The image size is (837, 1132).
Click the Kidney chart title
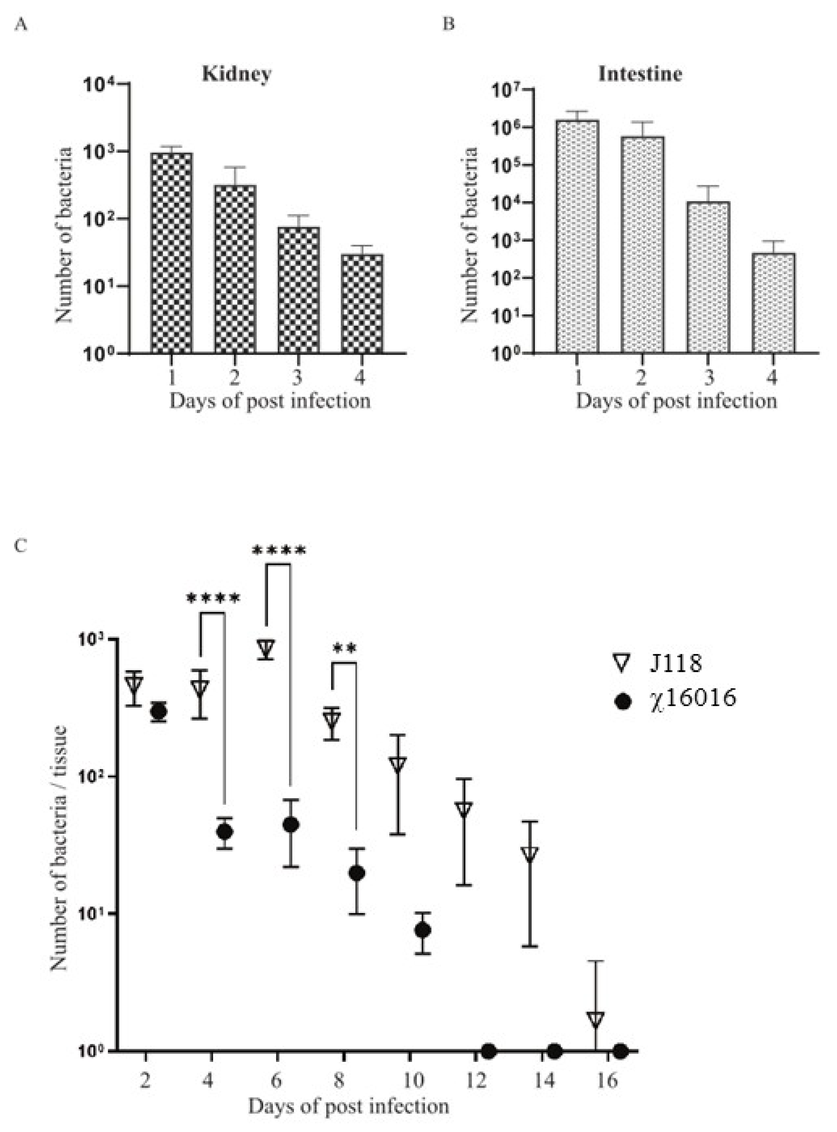[x=236, y=74]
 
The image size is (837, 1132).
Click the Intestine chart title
[x=640, y=74]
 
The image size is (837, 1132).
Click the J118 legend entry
[x=676, y=663]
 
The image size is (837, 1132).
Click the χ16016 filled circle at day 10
[x=423, y=930]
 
